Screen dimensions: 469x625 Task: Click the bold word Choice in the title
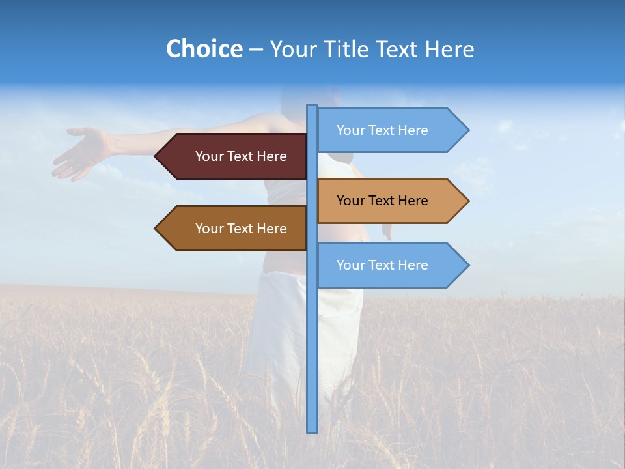point(204,50)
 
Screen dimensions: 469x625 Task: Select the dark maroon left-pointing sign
point(234,156)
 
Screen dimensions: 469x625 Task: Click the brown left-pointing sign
point(234,229)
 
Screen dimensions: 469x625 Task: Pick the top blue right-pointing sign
point(387,130)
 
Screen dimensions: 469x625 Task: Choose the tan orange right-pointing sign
point(387,201)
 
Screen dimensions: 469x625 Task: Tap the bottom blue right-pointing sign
point(387,265)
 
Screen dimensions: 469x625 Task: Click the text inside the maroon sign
point(241,156)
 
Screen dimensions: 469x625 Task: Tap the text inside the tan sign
point(382,201)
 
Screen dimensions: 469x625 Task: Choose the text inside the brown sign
point(241,229)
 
